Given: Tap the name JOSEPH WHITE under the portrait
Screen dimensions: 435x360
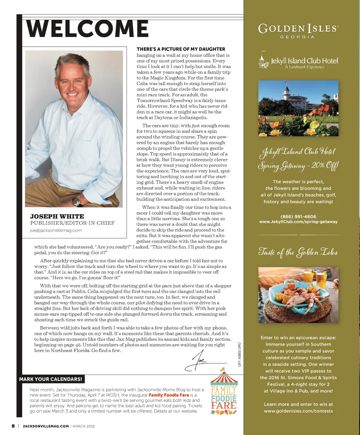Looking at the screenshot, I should tap(57, 216).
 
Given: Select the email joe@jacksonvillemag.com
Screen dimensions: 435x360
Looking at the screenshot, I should tap(56, 230).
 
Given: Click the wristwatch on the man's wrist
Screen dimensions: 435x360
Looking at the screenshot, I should tap(76, 201).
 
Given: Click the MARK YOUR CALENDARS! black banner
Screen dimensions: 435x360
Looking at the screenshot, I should tap(51, 379).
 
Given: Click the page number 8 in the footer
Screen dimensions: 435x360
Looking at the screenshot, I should tap(13, 426).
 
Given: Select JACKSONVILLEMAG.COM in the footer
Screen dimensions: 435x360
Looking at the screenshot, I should tap(46, 426).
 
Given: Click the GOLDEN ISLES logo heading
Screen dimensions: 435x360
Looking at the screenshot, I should tap(298, 29).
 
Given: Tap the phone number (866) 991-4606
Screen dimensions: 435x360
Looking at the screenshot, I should tap(298, 217).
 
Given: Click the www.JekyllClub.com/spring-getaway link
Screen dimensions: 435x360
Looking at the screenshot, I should tap(298, 222).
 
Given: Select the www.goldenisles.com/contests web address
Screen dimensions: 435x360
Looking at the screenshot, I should tap(298, 411).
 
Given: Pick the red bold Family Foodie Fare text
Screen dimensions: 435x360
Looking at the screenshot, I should tap(169, 395).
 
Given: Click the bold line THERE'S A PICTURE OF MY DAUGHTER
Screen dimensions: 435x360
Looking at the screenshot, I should tap(181, 49).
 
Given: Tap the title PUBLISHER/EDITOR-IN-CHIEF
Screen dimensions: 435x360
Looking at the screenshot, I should tap(72, 223).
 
